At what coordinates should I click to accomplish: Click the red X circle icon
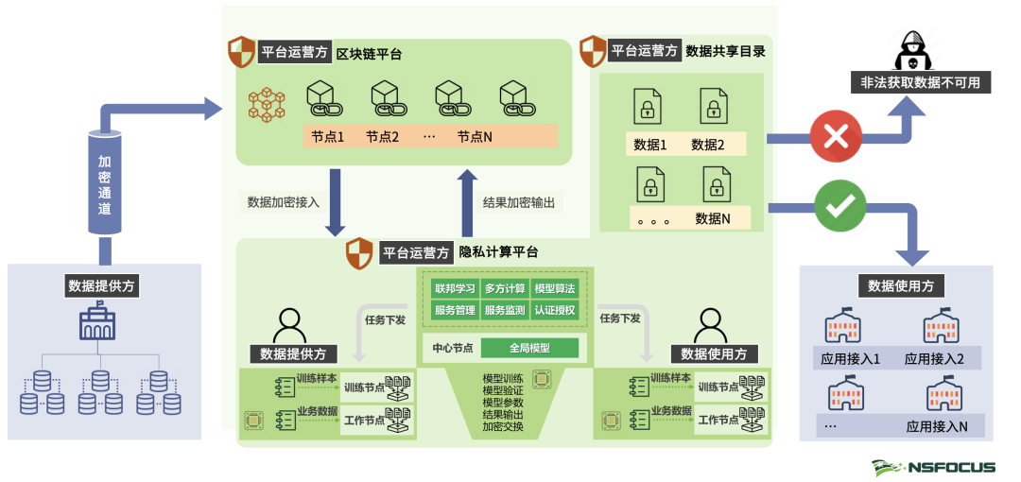coord(836,138)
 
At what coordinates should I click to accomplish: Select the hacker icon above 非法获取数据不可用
coord(912,48)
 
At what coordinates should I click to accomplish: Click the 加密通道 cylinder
coord(105,181)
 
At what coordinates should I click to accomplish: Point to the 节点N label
coord(475,137)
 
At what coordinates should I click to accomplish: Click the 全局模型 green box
coord(529,348)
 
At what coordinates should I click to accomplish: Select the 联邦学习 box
coord(454,288)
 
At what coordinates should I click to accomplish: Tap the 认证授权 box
coord(554,309)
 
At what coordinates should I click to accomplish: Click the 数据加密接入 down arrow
coord(336,202)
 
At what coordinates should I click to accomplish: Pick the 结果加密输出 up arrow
coord(466,202)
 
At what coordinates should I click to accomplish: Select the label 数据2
coord(707,145)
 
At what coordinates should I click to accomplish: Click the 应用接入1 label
coord(845,359)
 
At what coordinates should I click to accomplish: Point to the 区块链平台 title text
coord(370,54)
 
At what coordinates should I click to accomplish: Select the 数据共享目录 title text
coord(725,51)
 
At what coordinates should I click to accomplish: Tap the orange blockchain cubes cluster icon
coord(267,104)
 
